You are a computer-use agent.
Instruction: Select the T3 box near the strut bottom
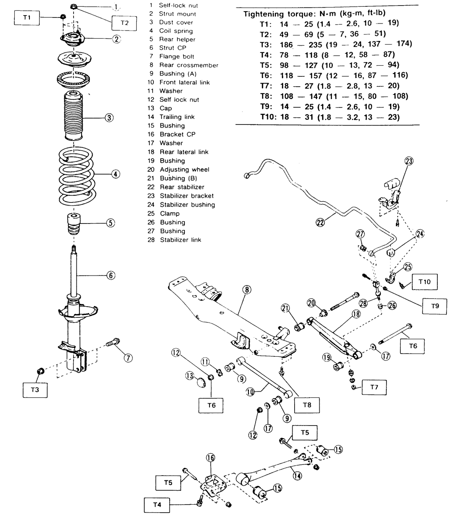click(x=35, y=390)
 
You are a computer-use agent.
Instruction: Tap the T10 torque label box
click(x=425, y=282)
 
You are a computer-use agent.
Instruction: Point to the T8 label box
click(x=307, y=405)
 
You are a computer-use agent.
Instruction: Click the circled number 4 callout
click(x=115, y=174)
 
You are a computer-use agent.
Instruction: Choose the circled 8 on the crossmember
click(x=247, y=290)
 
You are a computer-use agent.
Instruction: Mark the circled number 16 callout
click(x=210, y=458)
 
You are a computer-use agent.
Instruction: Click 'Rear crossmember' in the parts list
click(x=188, y=65)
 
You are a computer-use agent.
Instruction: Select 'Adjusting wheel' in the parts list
click(x=184, y=169)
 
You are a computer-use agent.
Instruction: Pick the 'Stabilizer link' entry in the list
click(x=180, y=240)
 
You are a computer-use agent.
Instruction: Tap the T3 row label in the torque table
click(x=265, y=45)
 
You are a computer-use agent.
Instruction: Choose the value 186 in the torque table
click(x=286, y=45)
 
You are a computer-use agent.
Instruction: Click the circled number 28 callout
click(x=363, y=303)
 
